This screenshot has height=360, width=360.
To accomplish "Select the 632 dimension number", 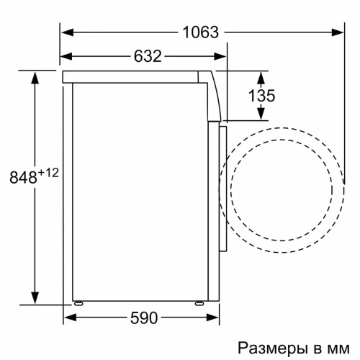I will coord(146,55).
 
